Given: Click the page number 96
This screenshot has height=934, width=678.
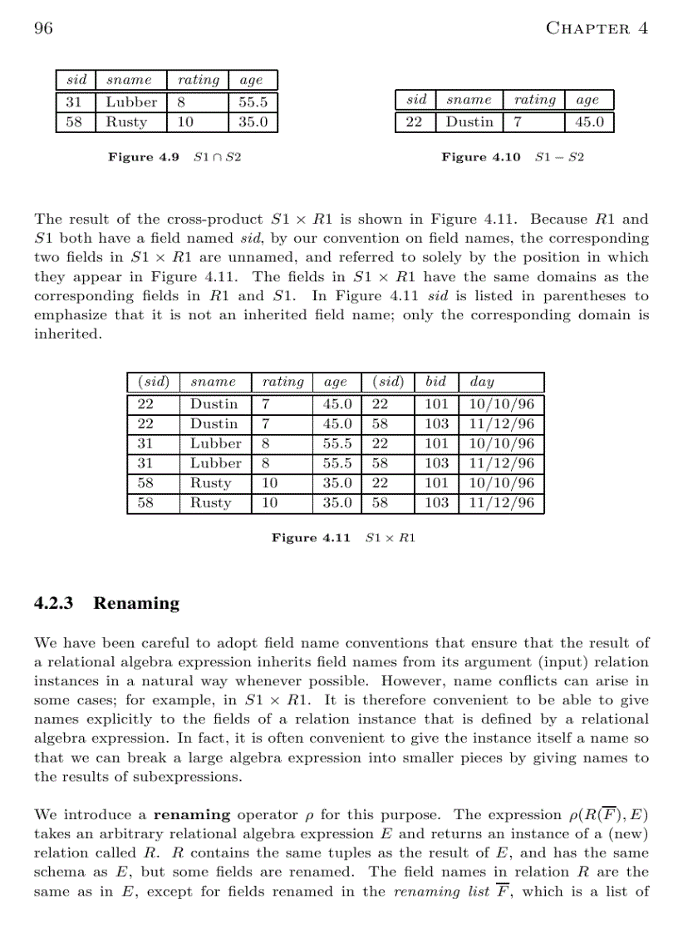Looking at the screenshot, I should [43, 28].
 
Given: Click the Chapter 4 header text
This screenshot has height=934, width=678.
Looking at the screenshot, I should [596, 28].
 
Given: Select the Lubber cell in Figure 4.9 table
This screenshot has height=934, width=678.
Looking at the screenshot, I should [130, 102].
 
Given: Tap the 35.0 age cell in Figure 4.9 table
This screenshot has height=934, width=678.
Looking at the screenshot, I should [253, 122].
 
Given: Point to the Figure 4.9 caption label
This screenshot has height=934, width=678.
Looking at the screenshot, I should [143, 157].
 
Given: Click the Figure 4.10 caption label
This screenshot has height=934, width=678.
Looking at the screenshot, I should [480, 157].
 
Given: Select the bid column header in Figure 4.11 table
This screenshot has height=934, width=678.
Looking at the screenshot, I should [435, 382].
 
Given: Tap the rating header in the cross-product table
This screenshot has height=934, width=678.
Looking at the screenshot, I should [282, 382].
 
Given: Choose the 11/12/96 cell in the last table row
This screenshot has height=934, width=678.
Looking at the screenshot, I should [501, 503].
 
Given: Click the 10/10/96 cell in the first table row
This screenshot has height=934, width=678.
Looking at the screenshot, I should [501, 404].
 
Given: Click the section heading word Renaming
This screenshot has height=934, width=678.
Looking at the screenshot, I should [136, 603].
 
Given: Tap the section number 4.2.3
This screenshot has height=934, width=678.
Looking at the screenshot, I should [54, 603].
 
